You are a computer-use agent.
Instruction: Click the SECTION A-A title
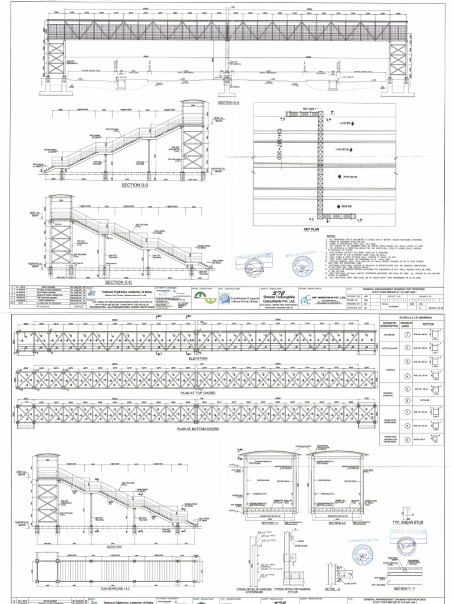[228, 103]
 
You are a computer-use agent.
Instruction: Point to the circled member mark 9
[406, 440]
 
